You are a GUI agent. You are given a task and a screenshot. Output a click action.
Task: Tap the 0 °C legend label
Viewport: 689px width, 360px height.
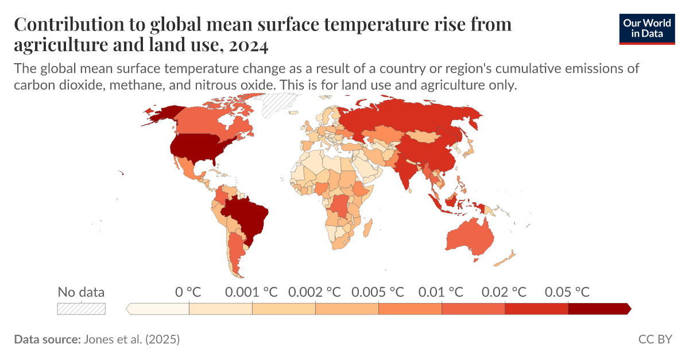pos(188,292)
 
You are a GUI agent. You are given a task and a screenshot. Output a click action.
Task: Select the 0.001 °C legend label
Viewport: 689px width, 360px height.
pos(251,292)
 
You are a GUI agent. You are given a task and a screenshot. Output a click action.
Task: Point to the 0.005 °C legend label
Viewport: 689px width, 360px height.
pos(378,292)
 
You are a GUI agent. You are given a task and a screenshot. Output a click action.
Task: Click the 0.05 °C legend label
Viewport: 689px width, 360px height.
pos(567,292)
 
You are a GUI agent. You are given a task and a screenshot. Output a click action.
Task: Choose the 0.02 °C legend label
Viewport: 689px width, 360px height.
pos(504,292)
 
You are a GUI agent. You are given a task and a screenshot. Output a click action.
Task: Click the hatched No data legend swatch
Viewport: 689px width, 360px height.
pos(81,309)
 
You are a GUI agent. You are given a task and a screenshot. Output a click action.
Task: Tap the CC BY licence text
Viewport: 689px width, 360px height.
pos(655,339)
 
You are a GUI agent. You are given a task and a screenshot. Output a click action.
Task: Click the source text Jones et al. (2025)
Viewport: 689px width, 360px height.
pos(131,339)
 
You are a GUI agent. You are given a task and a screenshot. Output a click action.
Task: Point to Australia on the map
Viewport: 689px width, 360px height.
pos(468,238)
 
